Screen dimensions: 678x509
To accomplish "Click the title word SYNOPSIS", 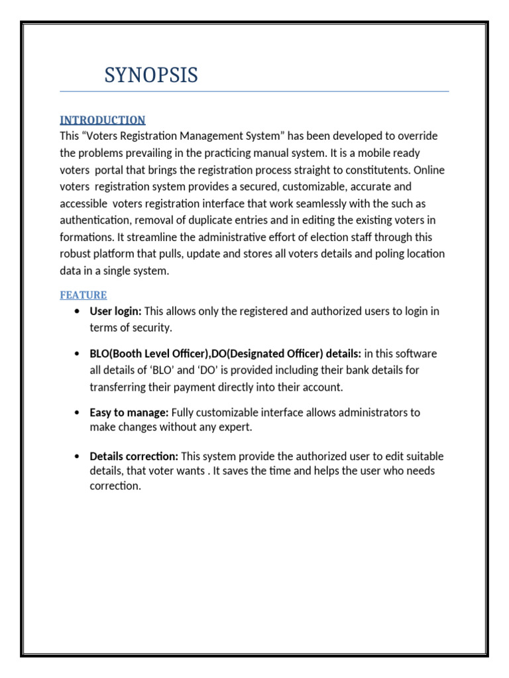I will (x=151, y=75).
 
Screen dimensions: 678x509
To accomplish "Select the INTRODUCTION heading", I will (x=103, y=120).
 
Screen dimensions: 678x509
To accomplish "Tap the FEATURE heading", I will (x=84, y=295).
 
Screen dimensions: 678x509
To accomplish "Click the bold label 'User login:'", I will (x=115, y=311).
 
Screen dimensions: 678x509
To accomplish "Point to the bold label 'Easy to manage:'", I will (x=129, y=412).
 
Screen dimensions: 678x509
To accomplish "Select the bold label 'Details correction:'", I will (x=134, y=456).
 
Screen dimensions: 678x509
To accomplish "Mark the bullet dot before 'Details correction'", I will (x=79, y=457).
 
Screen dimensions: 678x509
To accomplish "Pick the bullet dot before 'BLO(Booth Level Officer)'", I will (x=79, y=354).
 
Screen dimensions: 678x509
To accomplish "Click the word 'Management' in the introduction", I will (x=217, y=136).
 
